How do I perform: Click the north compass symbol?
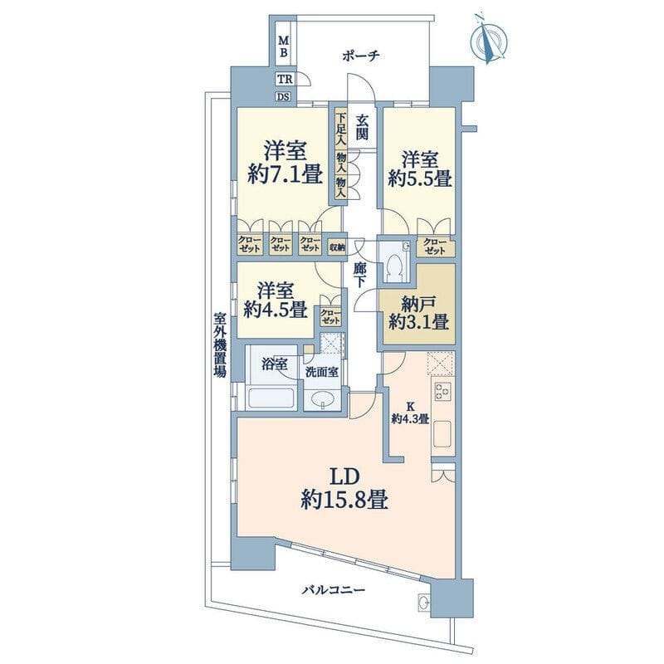point(489,39)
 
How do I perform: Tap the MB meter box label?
point(283,46)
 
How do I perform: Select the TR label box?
point(285,79)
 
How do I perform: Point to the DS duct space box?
point(284,97)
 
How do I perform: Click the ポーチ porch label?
point(361,56)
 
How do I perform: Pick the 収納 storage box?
point(337,247)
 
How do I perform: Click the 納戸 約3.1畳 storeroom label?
point(419,313)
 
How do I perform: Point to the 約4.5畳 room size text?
point(276,311)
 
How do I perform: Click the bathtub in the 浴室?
point(271,398)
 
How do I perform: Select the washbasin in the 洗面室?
point(323,399)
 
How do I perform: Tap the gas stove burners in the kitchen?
point(443,390)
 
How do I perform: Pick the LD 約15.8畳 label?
point(344,489)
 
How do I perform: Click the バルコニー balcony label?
point(334,589)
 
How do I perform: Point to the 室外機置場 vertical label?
point(220,344)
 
